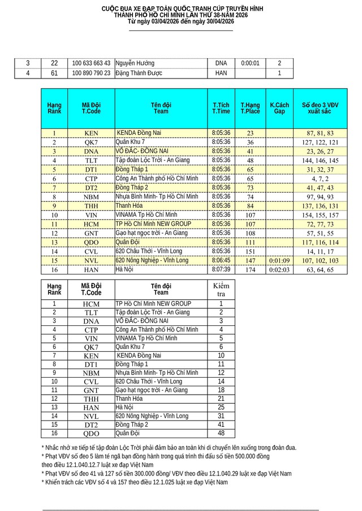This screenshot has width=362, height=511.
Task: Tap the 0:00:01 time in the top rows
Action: point(250,63)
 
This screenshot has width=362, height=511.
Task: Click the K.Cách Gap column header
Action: point(279,108)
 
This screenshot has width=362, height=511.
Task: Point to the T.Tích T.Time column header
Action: point(221,108)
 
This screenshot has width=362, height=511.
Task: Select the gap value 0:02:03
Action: point(279,270)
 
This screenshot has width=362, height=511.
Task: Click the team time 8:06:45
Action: point(221,261)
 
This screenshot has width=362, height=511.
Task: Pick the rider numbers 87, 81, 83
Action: point(320,133)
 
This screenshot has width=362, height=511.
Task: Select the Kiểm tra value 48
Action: point(221,434)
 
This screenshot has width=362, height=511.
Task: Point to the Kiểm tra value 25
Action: point(221,407)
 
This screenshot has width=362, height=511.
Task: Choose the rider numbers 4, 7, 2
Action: point(320,178)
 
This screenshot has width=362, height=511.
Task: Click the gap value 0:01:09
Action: point(279,261)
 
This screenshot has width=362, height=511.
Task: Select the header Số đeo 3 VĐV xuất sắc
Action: point(320,108)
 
